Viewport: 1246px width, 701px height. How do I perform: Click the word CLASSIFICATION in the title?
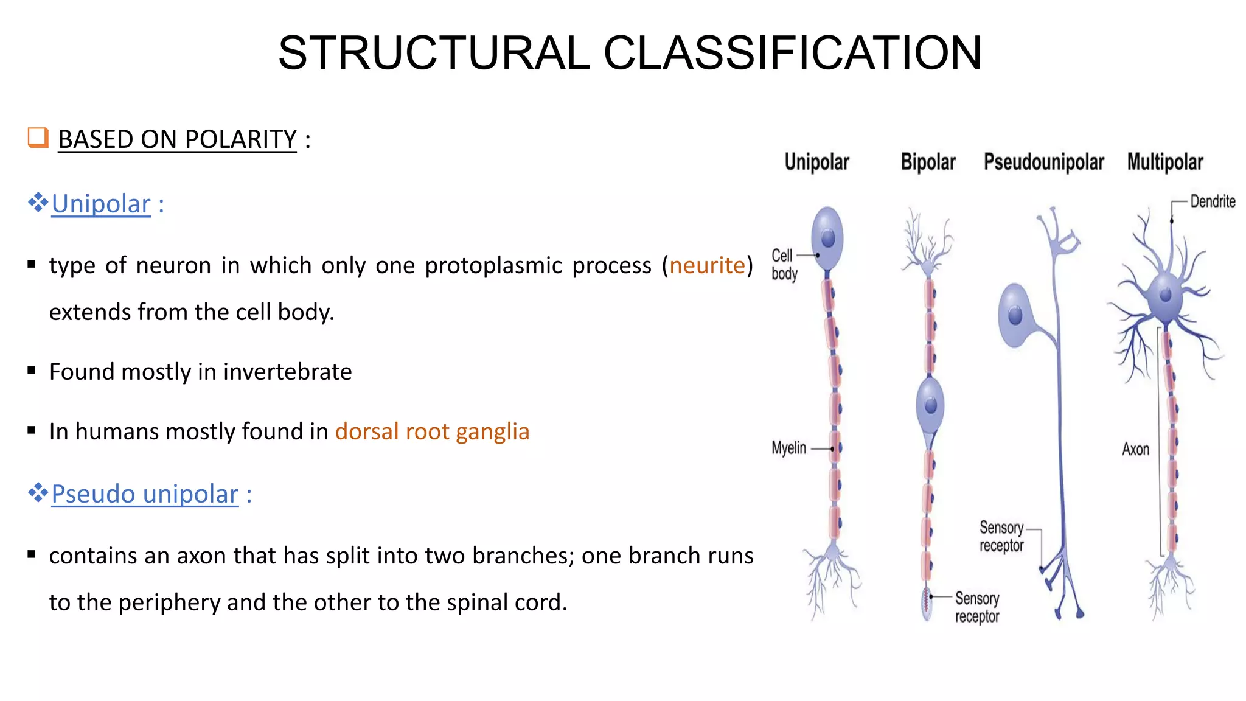[x=792, y=53]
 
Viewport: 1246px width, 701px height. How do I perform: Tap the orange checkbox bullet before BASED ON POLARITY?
[x=38, y=138]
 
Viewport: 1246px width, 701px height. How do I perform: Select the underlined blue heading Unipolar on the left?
[x=101, y=204]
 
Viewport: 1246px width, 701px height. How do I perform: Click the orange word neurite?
[x=707, y=265]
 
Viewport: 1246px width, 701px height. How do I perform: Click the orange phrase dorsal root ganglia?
[x=432, y=431]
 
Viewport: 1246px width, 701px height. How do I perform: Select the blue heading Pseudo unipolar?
[x=145, y=494]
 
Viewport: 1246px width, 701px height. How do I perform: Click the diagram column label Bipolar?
[x=928, y=162]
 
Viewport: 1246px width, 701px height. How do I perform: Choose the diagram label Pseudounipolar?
[x=1043, y=162]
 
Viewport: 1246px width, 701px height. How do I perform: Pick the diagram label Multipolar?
[x=1164, y=162]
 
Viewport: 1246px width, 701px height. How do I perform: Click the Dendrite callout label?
[x=1212, y=201]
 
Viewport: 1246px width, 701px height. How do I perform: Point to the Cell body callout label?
[x=783, y=265]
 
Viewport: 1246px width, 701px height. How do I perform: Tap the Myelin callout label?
[x=788, y=448]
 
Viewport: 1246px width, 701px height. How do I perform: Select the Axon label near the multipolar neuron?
[x=1135, y=450]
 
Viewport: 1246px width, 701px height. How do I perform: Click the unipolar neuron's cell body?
[x=827, y=237]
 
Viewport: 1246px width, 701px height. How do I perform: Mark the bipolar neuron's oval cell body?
[x=930, y=405]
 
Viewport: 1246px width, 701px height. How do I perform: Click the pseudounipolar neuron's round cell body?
[x=1015, y=315]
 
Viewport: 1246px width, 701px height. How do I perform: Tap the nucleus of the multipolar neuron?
[x=1166, y=296]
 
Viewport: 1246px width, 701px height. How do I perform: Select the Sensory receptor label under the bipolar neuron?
[x=977, y=607]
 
